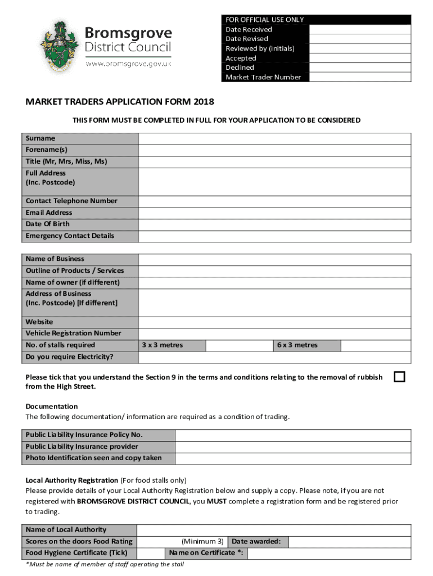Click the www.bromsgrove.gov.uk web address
click(x=128, y=64)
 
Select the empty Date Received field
click(x=360, y=29)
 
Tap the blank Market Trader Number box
click(x=360, y=77)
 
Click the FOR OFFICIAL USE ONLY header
click(x=264, y=20)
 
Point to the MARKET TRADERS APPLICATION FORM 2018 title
click(x=120, y=102)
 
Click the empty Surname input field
click(x=274, y=138)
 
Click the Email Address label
click(x=49, y=213)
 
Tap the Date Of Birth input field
click(x=274, y=224)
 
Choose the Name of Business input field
click(x=274, y=259)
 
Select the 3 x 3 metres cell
click(x=162, y=345)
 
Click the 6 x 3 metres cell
click(x=297, y=345)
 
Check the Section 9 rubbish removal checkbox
click(x=399, y=377)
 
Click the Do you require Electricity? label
click(x=69, y=357)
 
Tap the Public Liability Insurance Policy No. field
click(x=292, y=435)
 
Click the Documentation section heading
click(x=52, y=406)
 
